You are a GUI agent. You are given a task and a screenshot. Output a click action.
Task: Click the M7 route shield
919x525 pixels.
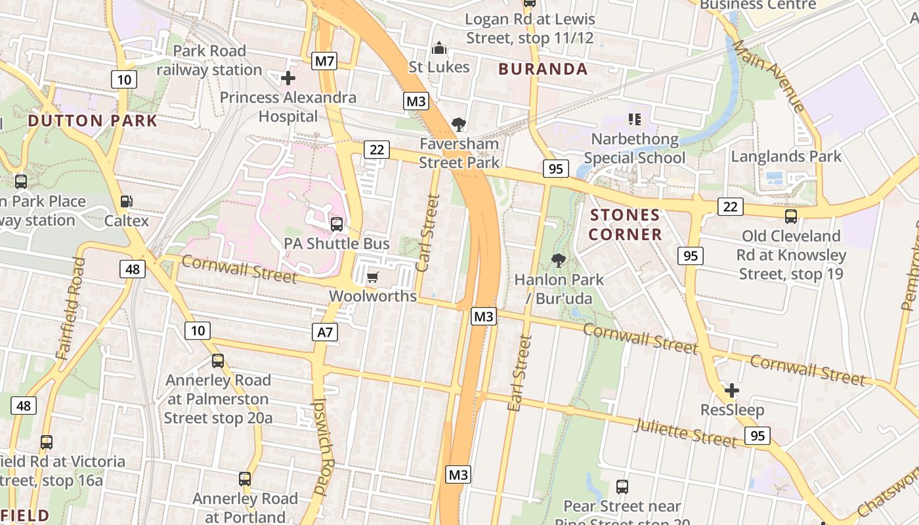point(325,62)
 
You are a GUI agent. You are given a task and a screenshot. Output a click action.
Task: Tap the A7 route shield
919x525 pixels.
point(325,333)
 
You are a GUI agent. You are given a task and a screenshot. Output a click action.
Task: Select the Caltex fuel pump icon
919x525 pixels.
point(126,201)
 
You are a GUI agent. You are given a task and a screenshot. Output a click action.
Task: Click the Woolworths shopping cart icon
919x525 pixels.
point(372,277)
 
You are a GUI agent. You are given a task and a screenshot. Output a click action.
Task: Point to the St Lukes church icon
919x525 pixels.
point(439,48)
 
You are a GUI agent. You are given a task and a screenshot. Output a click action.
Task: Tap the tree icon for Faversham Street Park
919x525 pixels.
point(459,124)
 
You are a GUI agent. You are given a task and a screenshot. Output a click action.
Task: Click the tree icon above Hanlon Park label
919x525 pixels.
point(559,261)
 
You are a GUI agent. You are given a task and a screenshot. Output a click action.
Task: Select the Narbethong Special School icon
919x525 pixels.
point(634,119)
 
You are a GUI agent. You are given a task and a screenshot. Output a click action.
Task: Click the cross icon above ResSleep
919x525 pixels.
point(732,391)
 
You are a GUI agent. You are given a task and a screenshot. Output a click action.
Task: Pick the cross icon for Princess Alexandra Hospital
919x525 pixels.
point(288,79)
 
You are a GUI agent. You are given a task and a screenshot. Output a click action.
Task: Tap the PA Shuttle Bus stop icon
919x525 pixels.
point(337,224)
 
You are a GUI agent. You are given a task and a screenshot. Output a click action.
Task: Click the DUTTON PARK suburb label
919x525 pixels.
point(93,121)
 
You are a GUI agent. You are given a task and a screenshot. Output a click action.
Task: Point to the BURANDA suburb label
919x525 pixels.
point(543,69)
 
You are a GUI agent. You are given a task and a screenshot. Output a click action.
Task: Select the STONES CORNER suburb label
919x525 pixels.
point(625,224)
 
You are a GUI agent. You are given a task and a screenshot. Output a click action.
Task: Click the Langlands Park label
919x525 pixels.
point(786,156)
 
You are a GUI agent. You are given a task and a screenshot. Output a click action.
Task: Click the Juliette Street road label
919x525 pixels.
point(685,432)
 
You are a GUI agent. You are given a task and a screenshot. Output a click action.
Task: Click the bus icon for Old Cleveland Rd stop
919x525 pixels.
point(791,216)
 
